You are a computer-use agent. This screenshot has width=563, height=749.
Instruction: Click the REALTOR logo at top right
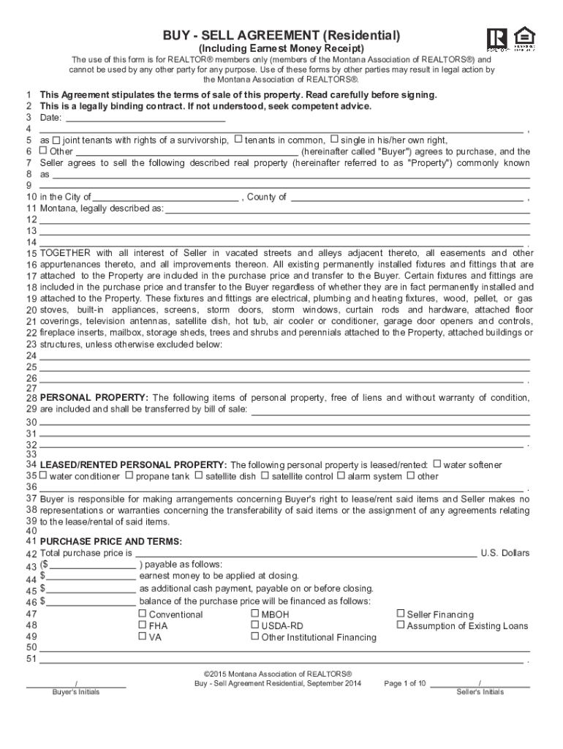(x=496, y=38)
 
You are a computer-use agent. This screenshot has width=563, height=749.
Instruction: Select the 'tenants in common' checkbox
(x=238, y=140)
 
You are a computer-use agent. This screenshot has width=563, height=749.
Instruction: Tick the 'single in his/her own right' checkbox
(x=334, y=140)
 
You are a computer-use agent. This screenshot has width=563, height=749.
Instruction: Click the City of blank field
(x=166, y=197)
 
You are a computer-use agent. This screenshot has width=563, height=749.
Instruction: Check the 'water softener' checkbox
(x=437, y=464)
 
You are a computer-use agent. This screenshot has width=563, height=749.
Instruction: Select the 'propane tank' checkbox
(x=129, y=475)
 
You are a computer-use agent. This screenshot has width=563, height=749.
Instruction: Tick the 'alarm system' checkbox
(x=341, y=475)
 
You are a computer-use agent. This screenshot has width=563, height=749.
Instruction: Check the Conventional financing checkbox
(x=143, y=614)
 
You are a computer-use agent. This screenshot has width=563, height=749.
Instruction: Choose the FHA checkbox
(x=143, y=625)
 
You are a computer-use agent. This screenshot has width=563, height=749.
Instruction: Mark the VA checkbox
(x=143, y=636)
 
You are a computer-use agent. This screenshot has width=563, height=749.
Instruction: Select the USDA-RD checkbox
(x=254, y=625)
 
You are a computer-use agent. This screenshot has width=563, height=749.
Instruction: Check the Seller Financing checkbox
(x=401, y=614)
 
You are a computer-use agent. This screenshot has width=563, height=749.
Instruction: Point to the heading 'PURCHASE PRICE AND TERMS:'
(x=110, y=541)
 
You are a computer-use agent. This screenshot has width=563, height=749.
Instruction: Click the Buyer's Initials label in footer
(x=76, y=692)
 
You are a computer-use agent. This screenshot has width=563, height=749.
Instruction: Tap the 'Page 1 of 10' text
(x=405, y=683)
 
